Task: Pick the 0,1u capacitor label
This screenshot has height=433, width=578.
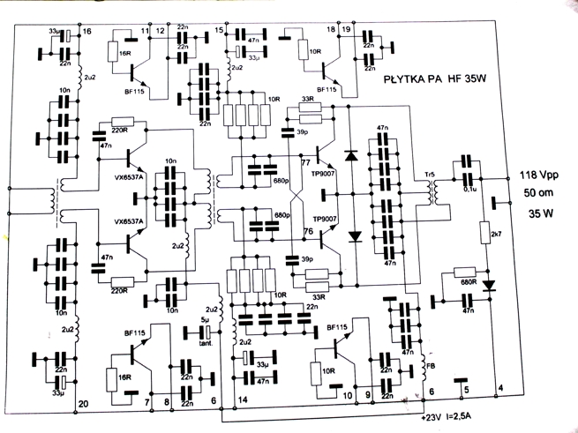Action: click(472, 188)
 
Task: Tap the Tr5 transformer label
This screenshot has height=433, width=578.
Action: click(430, 174)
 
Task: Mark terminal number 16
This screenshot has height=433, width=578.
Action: click(86, 32)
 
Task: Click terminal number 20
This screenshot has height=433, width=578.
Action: click(84, 404)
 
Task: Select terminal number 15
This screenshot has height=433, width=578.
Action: click(219, 32)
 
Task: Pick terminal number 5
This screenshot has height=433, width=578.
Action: click(467, 389)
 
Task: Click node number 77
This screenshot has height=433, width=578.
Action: click(306, 161)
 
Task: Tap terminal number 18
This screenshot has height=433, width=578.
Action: click(331, 31)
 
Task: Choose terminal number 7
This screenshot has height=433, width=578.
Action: click(146, 402)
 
